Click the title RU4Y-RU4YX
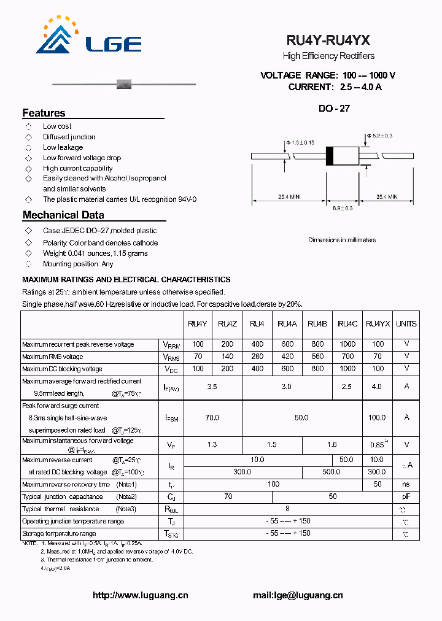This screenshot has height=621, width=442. tap(328, 40)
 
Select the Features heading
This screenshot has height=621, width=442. tap(44, 113)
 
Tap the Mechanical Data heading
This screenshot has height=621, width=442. tap(63, 215)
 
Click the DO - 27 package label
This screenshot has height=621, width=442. tap(334, 109)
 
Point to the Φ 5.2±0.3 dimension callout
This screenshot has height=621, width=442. tap(380, 135)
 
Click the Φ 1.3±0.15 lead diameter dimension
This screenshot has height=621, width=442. tap(300, 142)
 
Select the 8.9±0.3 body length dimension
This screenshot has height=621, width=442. tap(343, 209)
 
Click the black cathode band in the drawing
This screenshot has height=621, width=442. tap(329, 156)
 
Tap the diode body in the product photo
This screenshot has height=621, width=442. tap(125, 83)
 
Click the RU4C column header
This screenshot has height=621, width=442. tap(347, 324)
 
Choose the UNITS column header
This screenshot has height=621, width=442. tap(406, 324)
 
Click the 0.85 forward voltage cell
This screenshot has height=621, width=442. tap(376, 445)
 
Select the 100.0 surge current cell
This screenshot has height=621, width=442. tap(376, 417)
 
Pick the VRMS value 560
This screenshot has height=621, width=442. tap(317, 357)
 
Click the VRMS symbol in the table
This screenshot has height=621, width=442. tap(171, 357)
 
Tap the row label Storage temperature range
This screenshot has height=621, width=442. tap(59, 534)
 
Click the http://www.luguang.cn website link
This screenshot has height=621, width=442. tap(140, 595)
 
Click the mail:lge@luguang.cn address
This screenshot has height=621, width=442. tap(298, 595)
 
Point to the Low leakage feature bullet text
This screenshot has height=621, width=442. tap(63, 147)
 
